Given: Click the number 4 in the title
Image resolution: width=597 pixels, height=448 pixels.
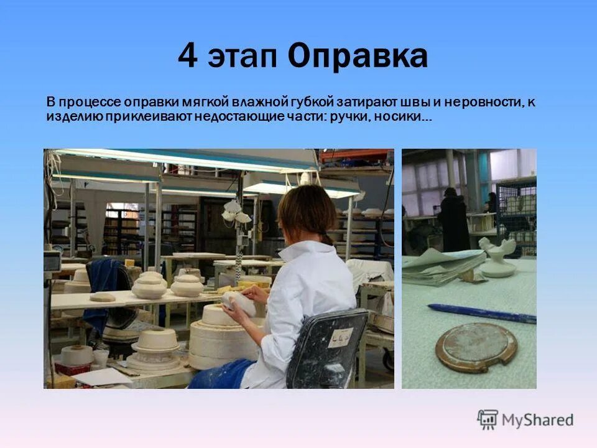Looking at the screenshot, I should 188,57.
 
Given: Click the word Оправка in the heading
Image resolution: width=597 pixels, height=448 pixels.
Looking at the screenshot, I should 358,57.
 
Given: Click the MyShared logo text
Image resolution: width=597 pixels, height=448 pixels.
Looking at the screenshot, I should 537,420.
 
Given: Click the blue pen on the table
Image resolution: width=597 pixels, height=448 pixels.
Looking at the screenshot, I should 481,313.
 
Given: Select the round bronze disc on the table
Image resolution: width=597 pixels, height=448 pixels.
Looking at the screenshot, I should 476,346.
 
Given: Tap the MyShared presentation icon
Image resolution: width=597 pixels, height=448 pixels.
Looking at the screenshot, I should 488,420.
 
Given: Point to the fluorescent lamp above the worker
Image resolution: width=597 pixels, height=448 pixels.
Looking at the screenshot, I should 187,160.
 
